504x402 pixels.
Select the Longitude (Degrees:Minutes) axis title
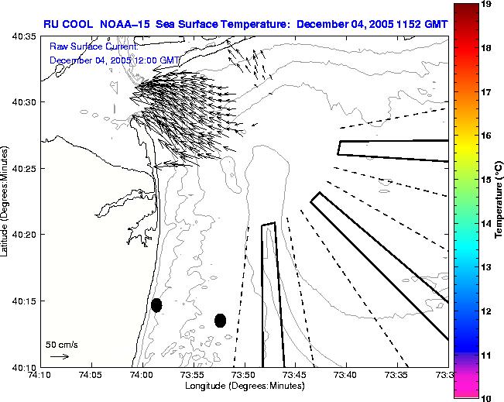point(243,385)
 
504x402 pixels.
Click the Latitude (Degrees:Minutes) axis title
point(6,201)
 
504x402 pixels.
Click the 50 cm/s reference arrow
point(60,356)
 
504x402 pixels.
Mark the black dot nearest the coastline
point(156,305)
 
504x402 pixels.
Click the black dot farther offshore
point(220,320)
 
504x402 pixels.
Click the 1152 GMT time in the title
point(421,24)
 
